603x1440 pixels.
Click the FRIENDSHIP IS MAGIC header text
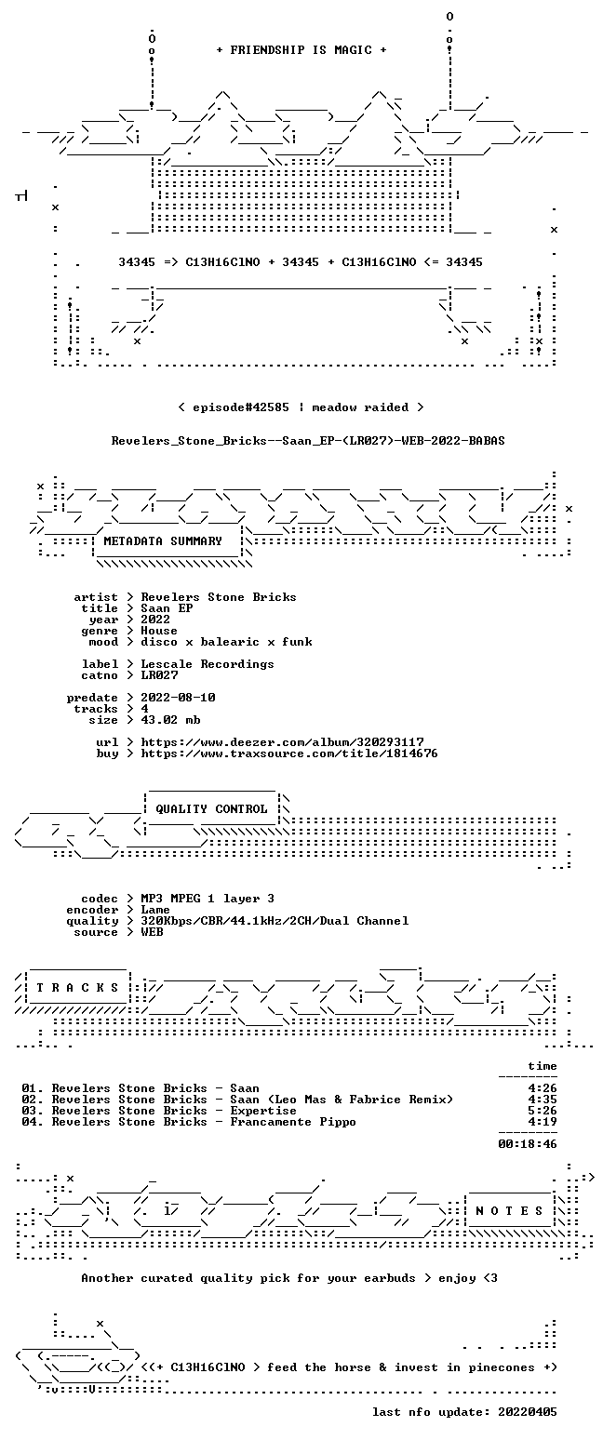(x=301, y=50)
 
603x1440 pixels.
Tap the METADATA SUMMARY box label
(x=163, y=541)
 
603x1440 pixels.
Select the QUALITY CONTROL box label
(x=211, y=809)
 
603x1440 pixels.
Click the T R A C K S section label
(x=78, y=988)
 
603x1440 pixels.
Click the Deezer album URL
(x=282, y=742)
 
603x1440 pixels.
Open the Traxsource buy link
(x=289, y=753)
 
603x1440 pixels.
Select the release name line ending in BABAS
(x=308, y=441)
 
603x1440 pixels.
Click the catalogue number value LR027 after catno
(x=159, y=675)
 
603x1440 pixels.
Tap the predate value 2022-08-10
(x=178, y=699)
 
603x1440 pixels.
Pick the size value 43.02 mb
(x=170, y=720)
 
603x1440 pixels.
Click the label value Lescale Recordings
(x=207, y=664)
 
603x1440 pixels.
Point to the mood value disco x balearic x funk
(x=226, y=642)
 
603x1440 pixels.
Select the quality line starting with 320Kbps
(x=275, y=921)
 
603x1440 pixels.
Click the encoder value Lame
(x=155, y=911)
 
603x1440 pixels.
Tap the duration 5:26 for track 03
(x=543, y=1111)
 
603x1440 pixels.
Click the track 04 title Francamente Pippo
(x=293, y=1122)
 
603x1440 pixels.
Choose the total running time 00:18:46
(x=528, y=1144)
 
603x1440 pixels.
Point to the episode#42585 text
(x=241, y=407)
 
